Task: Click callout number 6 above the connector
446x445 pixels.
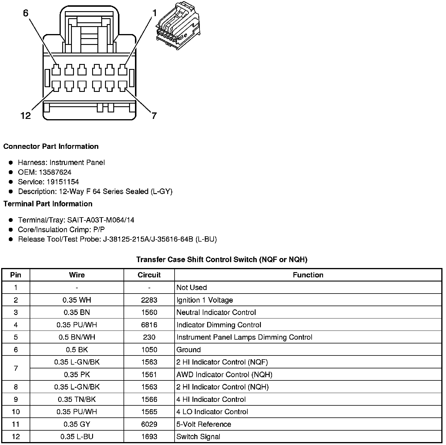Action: coord(26,14)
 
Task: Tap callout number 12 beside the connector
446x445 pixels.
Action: coord(26,116)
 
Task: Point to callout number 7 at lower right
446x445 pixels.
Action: coord(154,116)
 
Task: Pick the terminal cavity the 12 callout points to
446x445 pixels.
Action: coord(56,86)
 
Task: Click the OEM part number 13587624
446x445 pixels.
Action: coord(55,172)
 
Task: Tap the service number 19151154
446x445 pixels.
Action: coord(63,182)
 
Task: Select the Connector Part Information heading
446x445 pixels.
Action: coord(51,146)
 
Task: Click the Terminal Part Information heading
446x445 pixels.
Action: coord(48,204)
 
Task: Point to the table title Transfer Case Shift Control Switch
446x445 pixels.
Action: coord(222,259)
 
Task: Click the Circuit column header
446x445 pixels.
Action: coord(149,275)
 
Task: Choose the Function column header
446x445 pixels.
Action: coord(308,275)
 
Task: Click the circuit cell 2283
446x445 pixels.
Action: coord(149,300)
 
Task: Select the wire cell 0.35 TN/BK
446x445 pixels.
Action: coord(77,399)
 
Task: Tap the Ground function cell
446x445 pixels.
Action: coord(189,350)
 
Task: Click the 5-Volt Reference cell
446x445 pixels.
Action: coord(204,424)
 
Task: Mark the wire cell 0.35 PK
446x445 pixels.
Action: coord(77,375)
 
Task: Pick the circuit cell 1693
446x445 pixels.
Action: coord(149,436)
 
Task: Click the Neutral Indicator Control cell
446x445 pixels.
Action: coord(216,312)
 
